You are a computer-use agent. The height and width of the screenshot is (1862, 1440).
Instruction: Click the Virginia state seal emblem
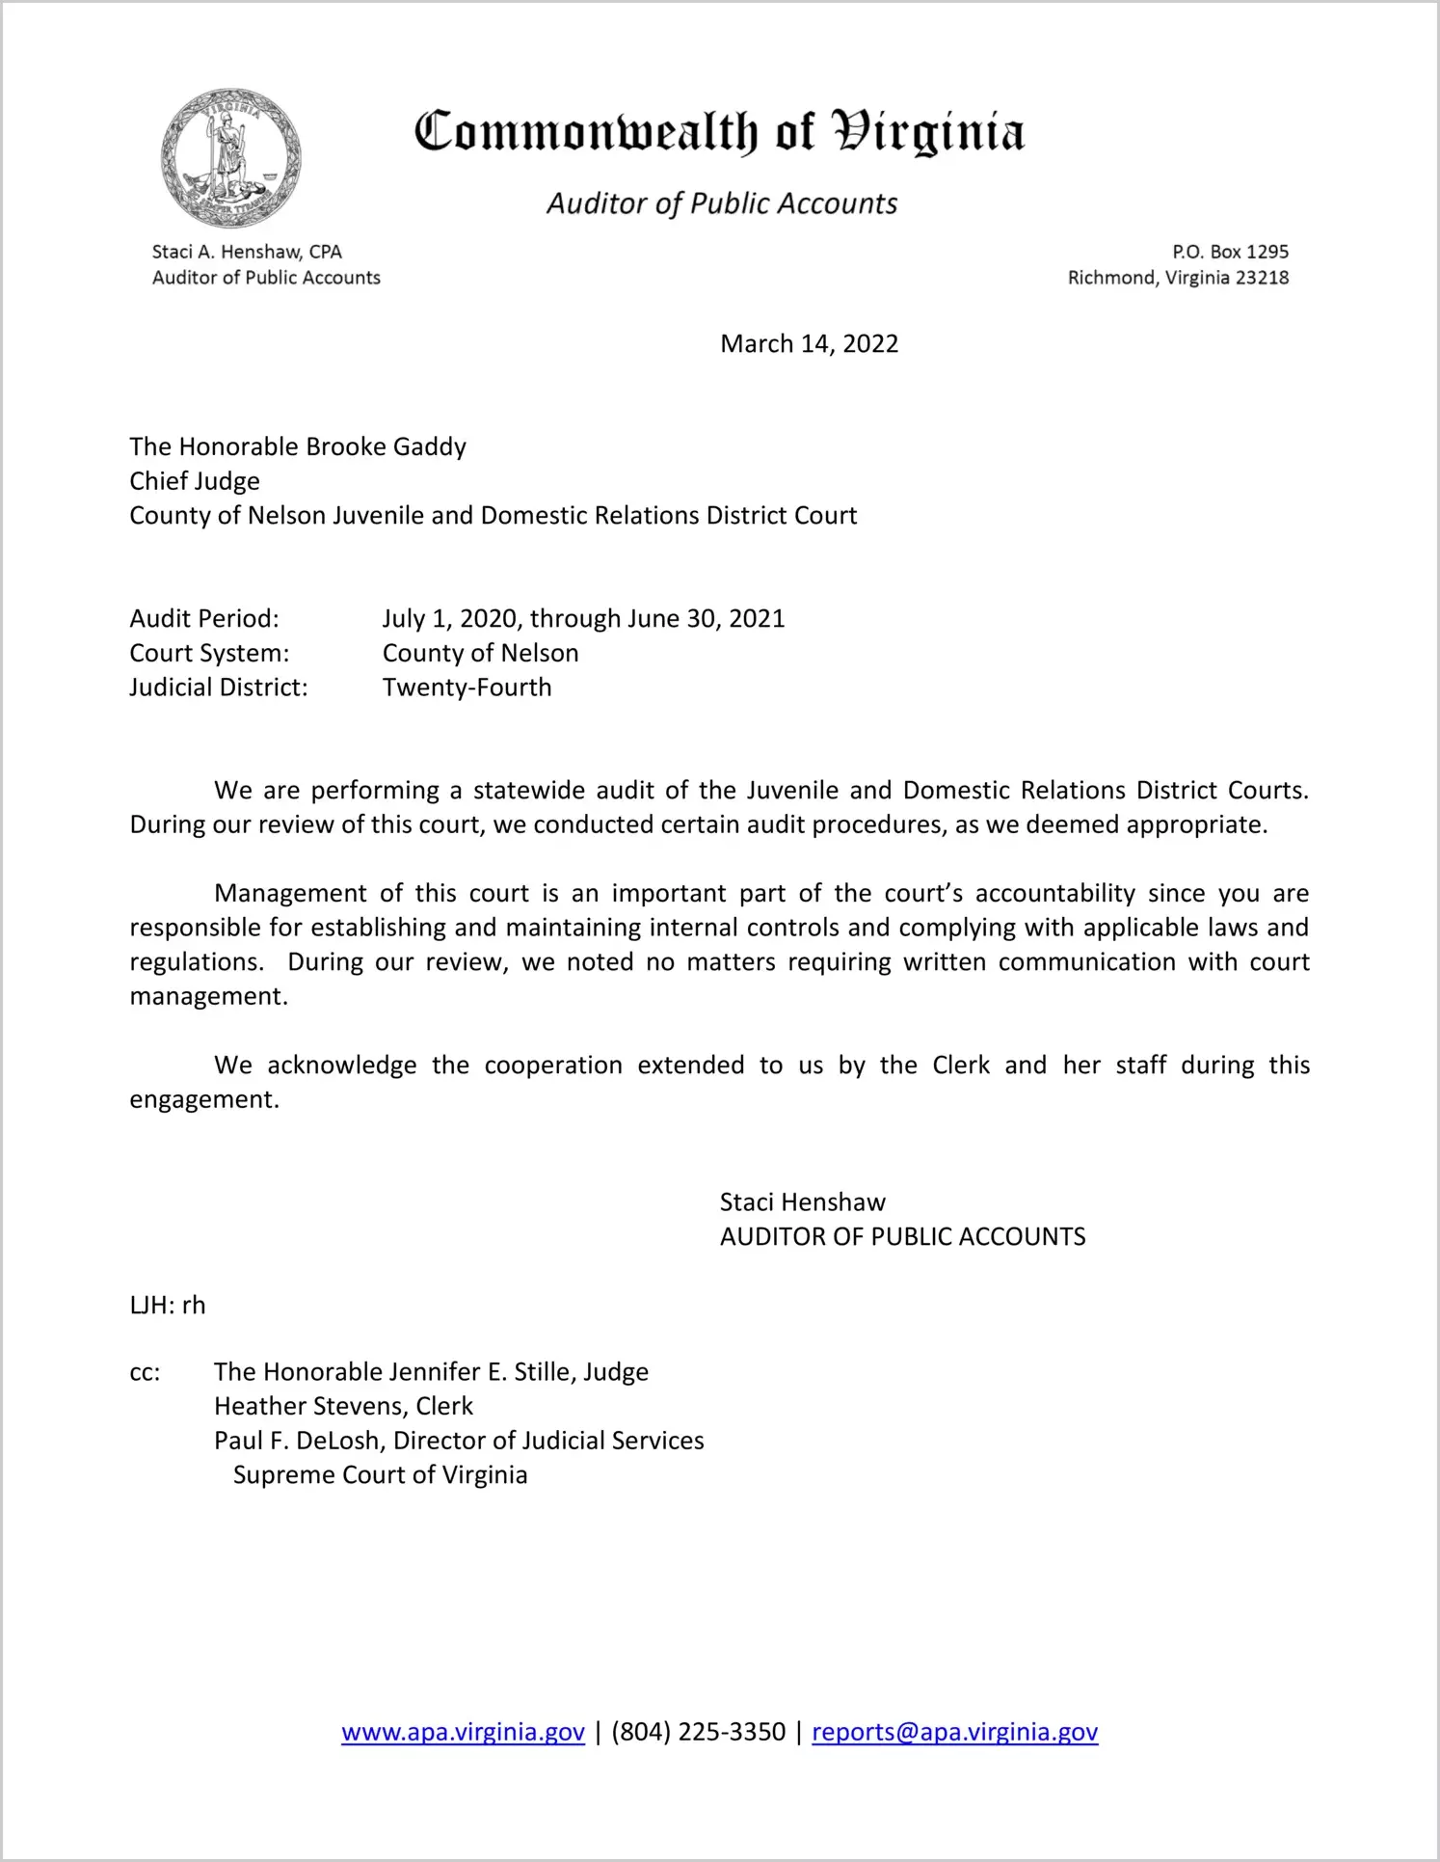(x=231, y=157)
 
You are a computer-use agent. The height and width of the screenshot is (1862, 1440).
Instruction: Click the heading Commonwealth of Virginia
(x=719, y=133)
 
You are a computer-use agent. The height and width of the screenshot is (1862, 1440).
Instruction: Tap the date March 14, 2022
(x=809, y=344)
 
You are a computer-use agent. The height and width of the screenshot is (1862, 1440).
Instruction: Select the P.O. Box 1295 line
(x=1230, y=252)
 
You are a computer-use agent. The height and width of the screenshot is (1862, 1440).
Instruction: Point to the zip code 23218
(x=1262, y=278)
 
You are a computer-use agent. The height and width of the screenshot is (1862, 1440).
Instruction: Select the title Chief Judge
(x=195, y=481)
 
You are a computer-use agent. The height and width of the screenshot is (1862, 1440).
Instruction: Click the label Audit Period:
(x=204, y=618)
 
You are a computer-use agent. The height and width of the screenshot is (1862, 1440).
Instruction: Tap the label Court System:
(x=209, y=653)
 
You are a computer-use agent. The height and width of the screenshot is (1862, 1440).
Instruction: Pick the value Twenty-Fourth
(x=467, y=688)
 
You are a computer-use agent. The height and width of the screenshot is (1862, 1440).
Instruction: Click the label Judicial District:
(x=219, y=688)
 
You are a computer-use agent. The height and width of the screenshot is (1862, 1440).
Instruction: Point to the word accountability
(x=1055, y=894)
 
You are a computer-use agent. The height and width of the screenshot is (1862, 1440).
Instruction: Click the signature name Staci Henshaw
(x=802, y=1202)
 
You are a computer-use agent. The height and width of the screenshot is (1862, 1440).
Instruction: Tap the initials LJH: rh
(x=168, y=1306)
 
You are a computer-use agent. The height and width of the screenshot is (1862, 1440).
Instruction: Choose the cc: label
(x=145, y=1372)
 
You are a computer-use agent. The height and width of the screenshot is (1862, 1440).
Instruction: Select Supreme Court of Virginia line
(x=380, y=1475)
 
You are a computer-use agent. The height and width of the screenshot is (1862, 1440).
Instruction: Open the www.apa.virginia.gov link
(x=463, y=1733)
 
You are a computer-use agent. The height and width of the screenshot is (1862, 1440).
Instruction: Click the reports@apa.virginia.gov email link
(x=954, y=1733)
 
